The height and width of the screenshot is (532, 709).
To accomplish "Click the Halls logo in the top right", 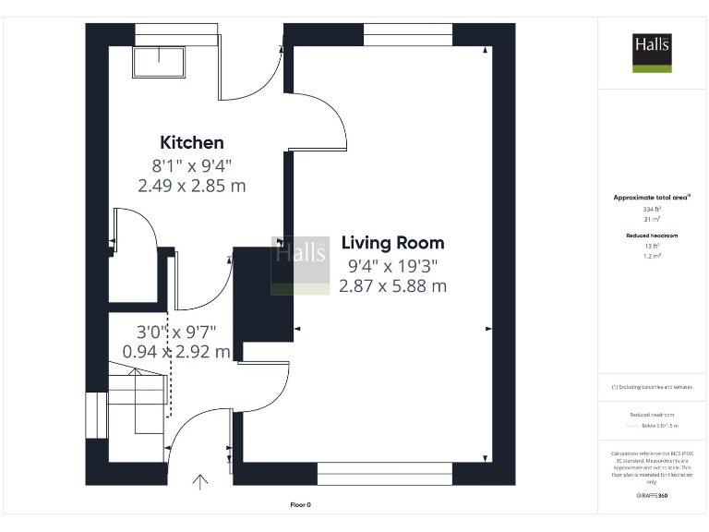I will [x=651, y=53].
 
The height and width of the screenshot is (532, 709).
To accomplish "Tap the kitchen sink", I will [x=158, y=62].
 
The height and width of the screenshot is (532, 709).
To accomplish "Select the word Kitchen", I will [x=192, y=142].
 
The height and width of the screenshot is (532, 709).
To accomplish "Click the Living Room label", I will [x=392, y=243].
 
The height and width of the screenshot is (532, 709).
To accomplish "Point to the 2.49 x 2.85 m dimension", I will [x=192, y=186].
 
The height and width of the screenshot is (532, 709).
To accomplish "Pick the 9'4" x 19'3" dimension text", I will [x=392, y=266].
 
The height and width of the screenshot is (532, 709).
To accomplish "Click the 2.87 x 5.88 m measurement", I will [x=392, y=286].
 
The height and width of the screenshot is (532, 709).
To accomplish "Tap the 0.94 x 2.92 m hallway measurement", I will [x=177, y=351].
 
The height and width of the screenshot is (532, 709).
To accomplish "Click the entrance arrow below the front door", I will [x=200, y=481].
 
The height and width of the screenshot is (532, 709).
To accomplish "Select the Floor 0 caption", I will [x=301, y=504].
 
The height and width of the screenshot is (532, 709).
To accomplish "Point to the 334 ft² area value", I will [x=652, y=210].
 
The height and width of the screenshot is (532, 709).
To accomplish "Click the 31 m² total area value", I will [x=652, y=219].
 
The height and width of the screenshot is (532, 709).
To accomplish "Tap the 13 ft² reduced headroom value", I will [x=652, y=246].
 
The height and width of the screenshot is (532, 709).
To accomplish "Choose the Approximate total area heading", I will [x=652, y=198].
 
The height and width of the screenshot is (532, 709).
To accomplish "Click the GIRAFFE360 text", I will [x=652, y=496].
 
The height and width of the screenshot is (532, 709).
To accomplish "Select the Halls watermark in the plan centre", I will [x=300, y=265].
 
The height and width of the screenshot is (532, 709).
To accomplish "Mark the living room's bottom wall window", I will [x=384, y=474].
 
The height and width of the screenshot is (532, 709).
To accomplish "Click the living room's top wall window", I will [x=407, y=34].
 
